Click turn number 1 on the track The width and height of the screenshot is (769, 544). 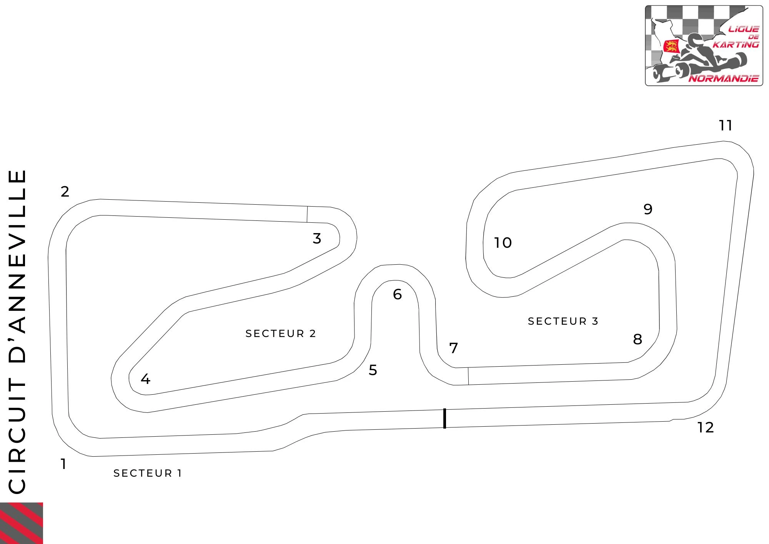pos(63,464)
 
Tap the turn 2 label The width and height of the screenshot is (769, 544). pos(65,192)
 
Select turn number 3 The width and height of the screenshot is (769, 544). pos(317,239)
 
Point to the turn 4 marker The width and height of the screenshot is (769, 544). pos(145,379)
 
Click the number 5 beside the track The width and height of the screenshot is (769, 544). pos(373,370)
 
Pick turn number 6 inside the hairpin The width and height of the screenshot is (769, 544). pos(397,294)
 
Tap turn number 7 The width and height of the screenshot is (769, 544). pos(454,348)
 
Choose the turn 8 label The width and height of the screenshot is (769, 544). pos(638,339)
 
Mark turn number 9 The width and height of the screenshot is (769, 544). pos(648,209)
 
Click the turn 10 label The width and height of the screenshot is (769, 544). pos(503,243)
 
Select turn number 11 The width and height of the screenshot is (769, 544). pos(726,125)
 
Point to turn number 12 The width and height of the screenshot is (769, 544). pos(706,427)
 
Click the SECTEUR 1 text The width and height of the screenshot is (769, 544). pos(147,473)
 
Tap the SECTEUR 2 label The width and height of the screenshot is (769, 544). pos(281,334)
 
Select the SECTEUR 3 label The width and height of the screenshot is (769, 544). pos(563,321)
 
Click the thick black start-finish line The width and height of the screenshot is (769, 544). pos(445,418)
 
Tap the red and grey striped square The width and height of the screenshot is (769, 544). pos(22,523)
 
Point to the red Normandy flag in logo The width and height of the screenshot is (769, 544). pos(671,46)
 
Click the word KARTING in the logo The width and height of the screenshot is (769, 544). pos(736,45)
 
